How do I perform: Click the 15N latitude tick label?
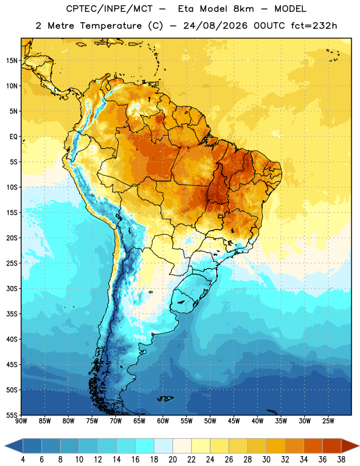tap(12, 61)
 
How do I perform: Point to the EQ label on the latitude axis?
tap(13, 137)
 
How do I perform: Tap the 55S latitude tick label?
tap(12, 415)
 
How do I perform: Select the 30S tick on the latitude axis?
tap(12, 288)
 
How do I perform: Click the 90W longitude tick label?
tap(21, 421)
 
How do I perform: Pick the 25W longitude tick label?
tap(328, 421)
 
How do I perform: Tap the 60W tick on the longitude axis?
tap(163, 421)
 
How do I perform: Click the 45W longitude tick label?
tap(234, 421)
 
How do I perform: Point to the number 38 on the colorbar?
tap(341, 460)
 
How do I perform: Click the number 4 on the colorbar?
tap(23, 460)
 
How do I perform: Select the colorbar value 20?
tap(172, 460)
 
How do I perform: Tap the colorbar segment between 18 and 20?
tap(164, 446)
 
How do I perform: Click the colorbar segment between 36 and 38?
tap(332, 446)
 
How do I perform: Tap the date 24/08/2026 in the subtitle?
tap(215, 26)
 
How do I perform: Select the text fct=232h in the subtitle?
tap(314, 26)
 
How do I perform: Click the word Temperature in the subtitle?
tap(111, 26)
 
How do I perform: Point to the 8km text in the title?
tap(243, 9)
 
